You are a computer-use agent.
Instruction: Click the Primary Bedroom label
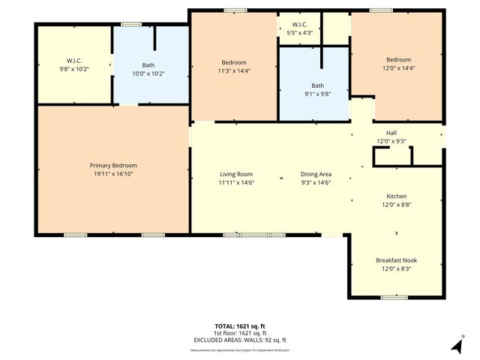113,165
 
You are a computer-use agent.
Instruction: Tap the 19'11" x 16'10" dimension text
113,173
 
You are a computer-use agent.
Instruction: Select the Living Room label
235,174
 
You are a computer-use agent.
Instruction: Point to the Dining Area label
316,174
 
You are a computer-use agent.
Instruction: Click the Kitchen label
396,195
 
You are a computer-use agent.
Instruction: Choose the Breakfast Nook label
396,260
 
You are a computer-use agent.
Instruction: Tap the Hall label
391,133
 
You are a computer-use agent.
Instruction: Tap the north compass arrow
456,344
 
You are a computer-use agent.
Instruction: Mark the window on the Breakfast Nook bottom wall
394,298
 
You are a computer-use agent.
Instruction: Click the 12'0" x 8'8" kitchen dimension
396,204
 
